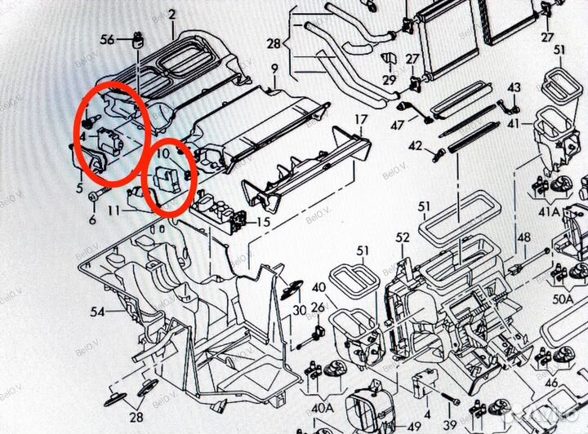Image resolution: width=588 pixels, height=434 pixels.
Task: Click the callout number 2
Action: (x=171, y=15)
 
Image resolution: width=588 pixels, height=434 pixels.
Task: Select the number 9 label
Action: (x=275, y=68)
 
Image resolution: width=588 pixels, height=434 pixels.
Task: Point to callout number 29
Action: (x=389, y=80)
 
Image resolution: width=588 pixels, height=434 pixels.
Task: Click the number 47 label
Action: (x=398, y=125)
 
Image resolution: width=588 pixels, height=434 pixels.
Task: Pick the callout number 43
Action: (x=514, y=87)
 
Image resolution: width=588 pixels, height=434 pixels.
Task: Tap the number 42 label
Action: (x=415, y=147)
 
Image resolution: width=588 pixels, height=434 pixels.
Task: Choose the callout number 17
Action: (x=360, y=121)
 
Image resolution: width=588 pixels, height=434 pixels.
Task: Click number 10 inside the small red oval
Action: (x=163, y=153)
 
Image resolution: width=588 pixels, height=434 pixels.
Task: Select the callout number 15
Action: (x=263, y=222)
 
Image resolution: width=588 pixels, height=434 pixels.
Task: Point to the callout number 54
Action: (x=98, y=312)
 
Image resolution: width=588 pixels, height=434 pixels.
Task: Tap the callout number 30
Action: (x=300, y=310)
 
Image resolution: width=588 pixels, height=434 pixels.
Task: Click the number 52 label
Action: (x=402, y=237)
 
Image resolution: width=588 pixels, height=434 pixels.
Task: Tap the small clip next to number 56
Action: (x=139, y=38)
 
